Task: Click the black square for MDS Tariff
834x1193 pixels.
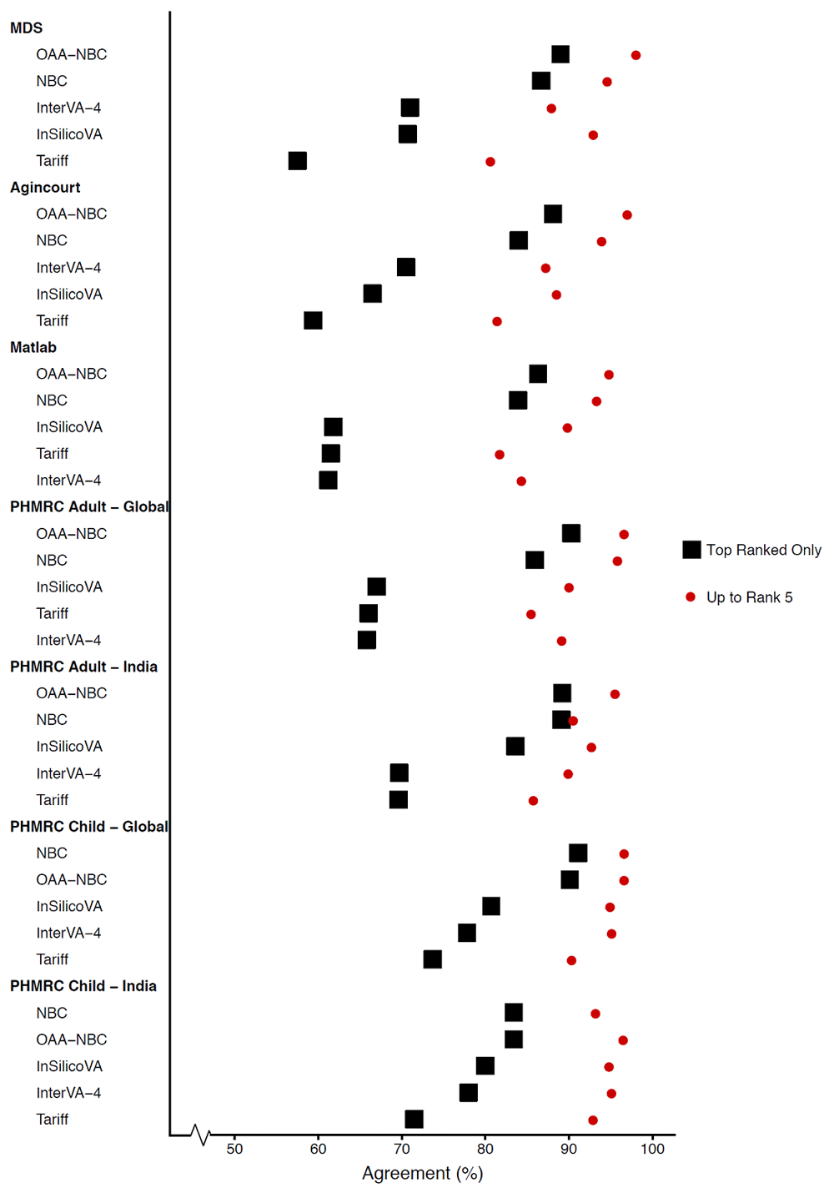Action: coord(298,161)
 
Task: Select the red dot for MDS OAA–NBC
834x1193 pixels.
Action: coord(636,55)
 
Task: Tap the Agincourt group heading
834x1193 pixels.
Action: coord(45,188)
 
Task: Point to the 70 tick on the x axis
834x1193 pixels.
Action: coord(402,1149)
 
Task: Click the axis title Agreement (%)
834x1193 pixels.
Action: coord(422,1173)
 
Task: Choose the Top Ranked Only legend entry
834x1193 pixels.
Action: coord(752,550)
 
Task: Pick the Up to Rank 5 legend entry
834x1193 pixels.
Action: coord(739,597)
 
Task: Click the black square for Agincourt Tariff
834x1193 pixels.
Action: coord(313,320)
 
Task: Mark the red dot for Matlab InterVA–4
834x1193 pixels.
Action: coord(521,481)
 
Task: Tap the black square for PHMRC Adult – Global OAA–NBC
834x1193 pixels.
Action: coord(571,533)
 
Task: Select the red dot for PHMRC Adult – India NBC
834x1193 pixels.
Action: coord(573,721)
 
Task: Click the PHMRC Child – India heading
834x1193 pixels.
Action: coord(83,986)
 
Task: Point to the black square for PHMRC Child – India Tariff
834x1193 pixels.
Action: coord(414,1120)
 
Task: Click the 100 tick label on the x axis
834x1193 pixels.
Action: coord(652,1149)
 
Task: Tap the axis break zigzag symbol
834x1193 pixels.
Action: coord(200,1135)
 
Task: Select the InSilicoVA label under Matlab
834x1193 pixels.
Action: coord(69,427)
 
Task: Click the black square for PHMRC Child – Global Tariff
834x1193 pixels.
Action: coord(432,959)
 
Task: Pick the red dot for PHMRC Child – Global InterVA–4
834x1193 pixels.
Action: coord(611,934)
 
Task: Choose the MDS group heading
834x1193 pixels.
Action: coord(26,28)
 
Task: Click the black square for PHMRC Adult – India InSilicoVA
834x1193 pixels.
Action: coord(515,747)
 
